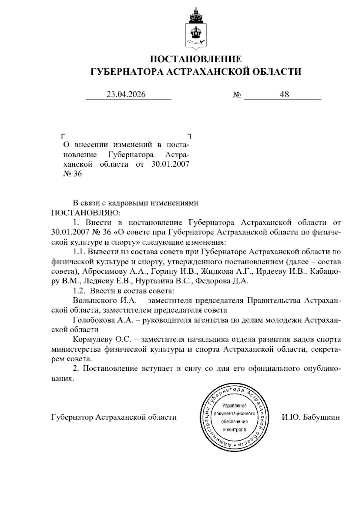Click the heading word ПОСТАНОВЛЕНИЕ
(196, 59)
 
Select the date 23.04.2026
(126, 95)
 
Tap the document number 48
(284, 95)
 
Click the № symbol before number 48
(237, 95)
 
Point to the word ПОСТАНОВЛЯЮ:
(86, 213)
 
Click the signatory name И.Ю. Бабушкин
(310, 417)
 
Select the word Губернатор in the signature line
(72, 417)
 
